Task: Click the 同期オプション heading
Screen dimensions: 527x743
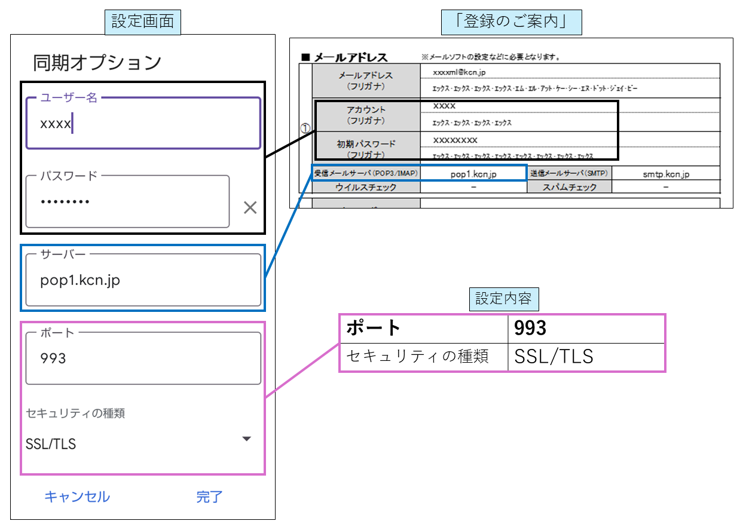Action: point(97,62)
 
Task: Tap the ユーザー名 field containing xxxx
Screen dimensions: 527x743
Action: point(143,124)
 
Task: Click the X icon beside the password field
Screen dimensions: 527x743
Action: point(250,208)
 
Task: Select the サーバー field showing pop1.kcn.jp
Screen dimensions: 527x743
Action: point(143,280)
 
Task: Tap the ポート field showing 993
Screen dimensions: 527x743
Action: point(143,359)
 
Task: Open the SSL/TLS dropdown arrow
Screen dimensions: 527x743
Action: point(246,439)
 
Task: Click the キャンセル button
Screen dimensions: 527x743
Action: point(77,497)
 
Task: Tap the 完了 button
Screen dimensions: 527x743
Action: point(209,497)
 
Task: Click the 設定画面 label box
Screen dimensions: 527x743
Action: point(143,22)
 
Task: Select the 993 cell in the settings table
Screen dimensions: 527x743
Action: point(586,329)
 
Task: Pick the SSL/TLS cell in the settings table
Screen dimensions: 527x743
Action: point(586,357)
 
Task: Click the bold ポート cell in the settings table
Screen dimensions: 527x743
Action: point(424,329)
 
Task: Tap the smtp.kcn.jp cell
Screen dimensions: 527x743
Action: point(666,174)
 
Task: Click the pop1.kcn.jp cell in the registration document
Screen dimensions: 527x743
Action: point(473,174)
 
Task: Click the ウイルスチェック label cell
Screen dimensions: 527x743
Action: point(366,187)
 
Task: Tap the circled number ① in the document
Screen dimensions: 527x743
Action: point(305,128)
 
